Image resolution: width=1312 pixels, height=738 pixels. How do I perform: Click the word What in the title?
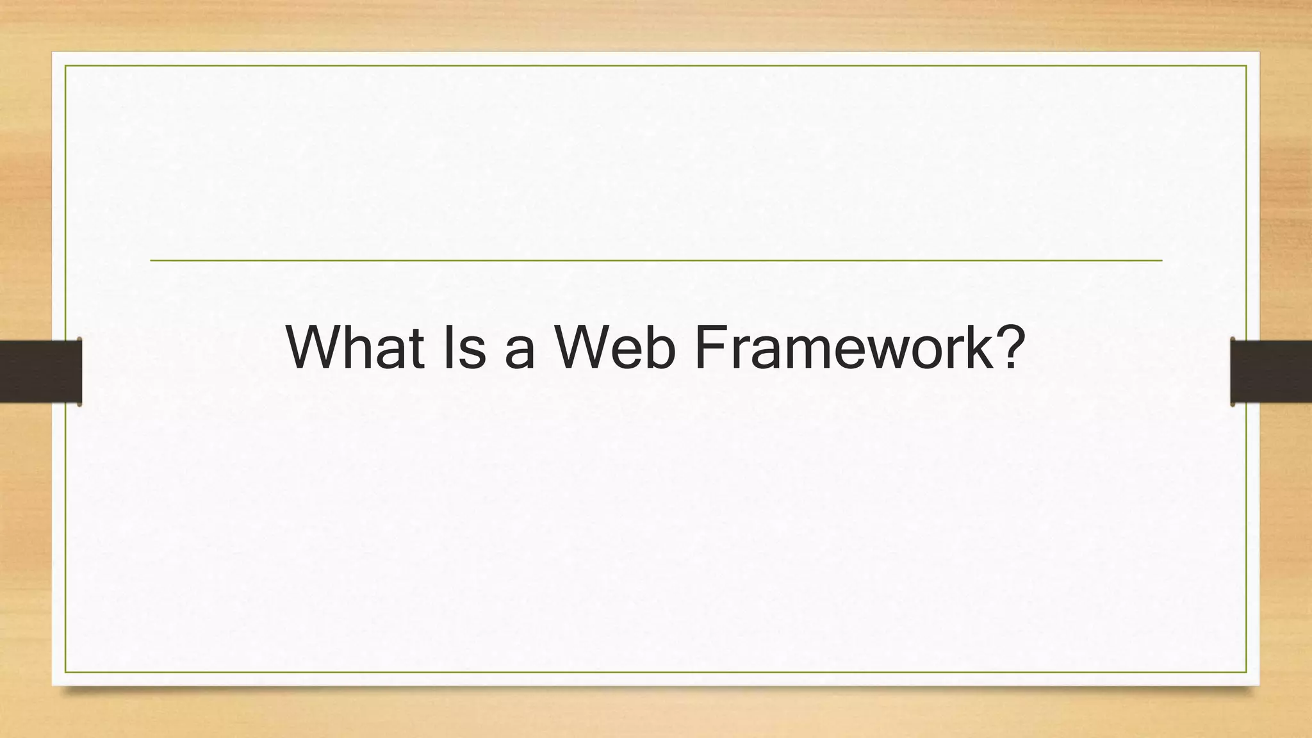(355, 347)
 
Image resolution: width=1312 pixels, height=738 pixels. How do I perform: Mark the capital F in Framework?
(710, 347)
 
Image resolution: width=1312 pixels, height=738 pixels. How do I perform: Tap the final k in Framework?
(974, 347)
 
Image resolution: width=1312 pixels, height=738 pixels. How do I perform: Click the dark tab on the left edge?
(40, 372)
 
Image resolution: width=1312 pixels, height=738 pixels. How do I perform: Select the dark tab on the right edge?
(1271, 372)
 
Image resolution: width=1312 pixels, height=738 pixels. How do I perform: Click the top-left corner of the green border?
(65, 65)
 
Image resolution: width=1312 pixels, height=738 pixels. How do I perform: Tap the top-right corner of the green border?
(1246, 65)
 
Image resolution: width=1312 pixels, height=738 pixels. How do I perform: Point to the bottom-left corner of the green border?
(65, 672)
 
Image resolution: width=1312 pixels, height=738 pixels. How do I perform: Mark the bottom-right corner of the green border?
(1246, 672)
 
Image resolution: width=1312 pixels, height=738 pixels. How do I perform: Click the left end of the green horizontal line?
(151, 261)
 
